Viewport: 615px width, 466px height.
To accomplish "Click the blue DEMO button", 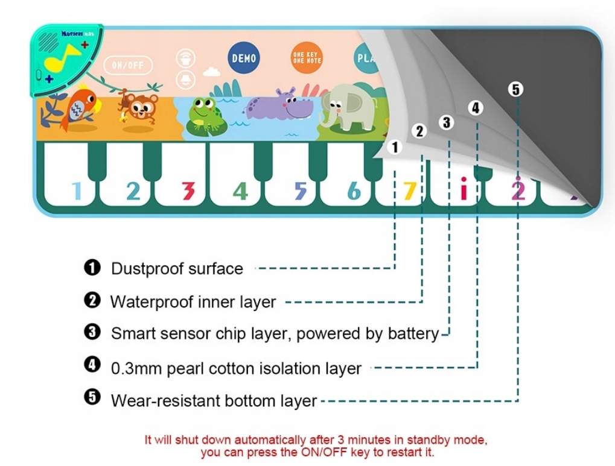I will tap(244, 58).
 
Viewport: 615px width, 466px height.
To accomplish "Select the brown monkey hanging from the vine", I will tap(139, 106).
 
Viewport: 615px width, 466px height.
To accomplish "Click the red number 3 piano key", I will tap(188, 190).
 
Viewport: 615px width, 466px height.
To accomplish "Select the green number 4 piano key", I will tap(240, 190).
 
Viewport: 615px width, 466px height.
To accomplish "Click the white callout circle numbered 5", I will tap(515, 89).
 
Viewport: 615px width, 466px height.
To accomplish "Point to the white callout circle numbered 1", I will tap(395, 147).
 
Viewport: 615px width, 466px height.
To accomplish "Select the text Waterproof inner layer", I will tap(193, 301).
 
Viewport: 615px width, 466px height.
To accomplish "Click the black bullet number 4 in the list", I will tap(92, 364).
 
